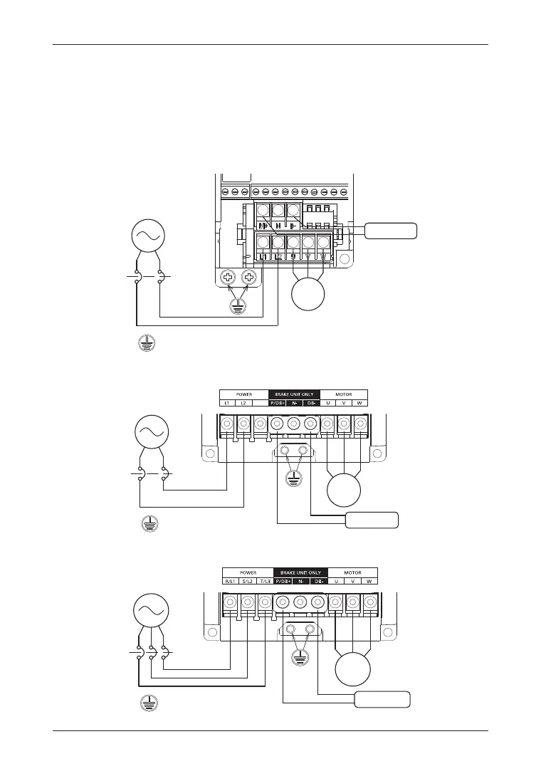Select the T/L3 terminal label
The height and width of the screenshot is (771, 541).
pyautogui.click(x=264, y=581)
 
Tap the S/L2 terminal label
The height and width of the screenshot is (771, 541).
pyautogui.click(x=248, y=581)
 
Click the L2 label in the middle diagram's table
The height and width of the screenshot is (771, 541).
pyautogui.click(x=244, y=403)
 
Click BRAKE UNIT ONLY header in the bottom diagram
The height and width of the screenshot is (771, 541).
pyautogui.click(x=300, y=572)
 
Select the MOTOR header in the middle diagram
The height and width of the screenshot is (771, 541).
pyautogui.click(x=344, y=394)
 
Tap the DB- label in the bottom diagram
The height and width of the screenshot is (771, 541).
pyautogui.click(x=320, y=581)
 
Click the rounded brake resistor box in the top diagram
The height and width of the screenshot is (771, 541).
pyautogui.click(x=390, y=231)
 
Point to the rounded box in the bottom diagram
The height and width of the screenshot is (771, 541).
pyautogui.click(x=382, y=699)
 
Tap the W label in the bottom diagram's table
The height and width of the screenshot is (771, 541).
pyautogui.click(x=369, y=581)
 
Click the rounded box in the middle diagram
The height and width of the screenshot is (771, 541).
pyautogui.click(x=371, y=520)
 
